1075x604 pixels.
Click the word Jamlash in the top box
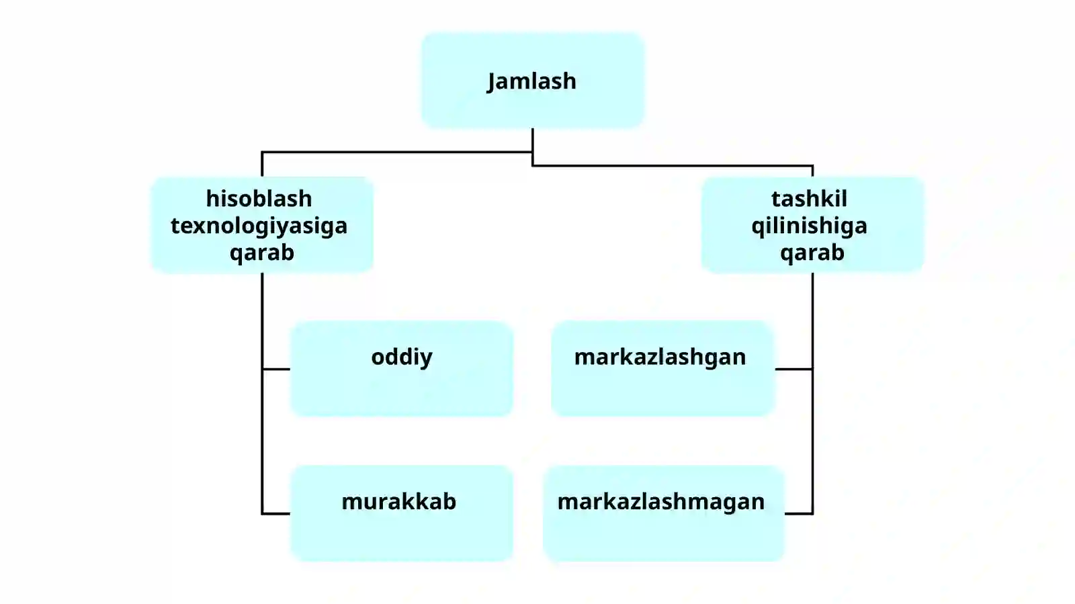[531, 81]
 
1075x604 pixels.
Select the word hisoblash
[259, 199]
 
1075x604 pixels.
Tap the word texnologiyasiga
[259, 226]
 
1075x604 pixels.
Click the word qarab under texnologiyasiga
[262, 253]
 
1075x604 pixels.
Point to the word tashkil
[809, 199]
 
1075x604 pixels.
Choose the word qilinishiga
[810, 226]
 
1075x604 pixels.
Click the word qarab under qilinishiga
[812, 253]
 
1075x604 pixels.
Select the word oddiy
[402, 357]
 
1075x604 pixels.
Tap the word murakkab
[399, 502]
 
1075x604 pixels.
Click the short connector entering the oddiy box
[276, 369]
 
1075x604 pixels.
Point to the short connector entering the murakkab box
[276, 513]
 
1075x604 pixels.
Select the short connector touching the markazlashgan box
[793, 369]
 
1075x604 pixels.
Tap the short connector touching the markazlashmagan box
[799, 513]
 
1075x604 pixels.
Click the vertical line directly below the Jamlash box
[533, 147]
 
